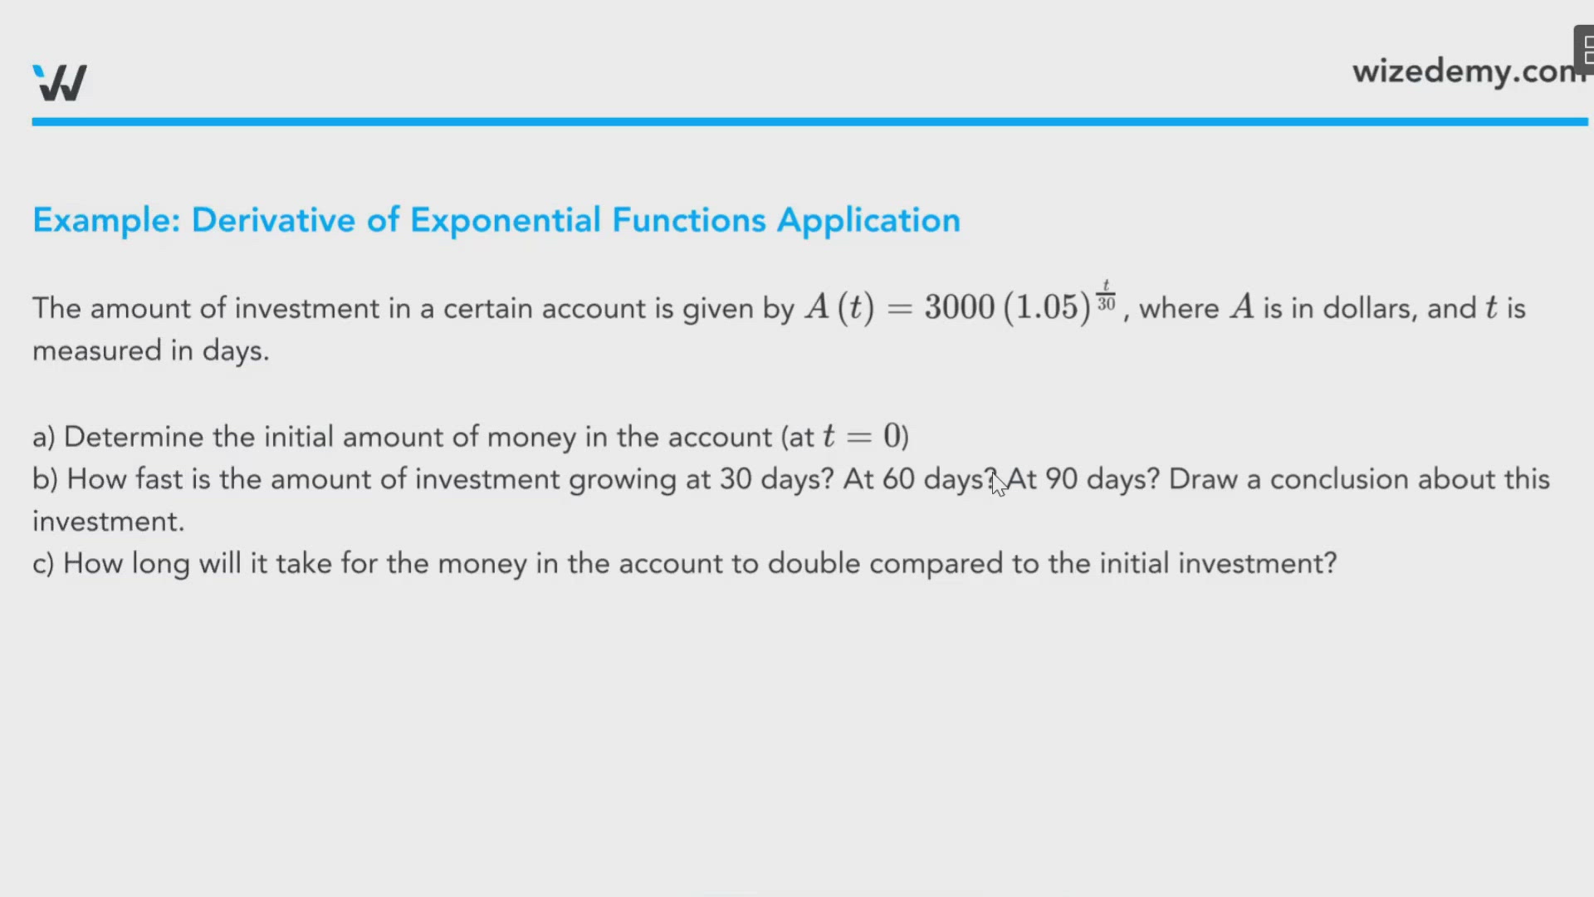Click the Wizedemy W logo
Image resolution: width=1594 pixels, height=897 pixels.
(60, 82)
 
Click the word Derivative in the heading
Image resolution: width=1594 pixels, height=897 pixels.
(273, 220)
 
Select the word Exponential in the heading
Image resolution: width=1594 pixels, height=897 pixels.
(505, 220)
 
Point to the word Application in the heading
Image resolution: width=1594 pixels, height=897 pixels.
(868, 221)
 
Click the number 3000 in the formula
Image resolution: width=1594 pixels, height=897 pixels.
(960, 307)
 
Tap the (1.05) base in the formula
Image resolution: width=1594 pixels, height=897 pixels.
(1047, 307)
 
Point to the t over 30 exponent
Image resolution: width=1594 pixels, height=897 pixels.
(1106, 296)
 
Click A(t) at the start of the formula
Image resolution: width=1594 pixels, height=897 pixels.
(839, 307)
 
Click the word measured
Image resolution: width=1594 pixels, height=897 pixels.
(97, 350)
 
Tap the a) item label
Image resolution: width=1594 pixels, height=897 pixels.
(43, 437)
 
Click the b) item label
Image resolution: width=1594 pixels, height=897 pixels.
(45, 479)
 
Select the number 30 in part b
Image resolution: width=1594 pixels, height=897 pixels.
(736, 479)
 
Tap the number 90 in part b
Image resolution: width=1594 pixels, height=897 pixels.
(1061, 479)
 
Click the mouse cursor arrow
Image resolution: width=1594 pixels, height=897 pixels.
(999, 483)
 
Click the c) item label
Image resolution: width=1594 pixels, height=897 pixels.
(43, 564)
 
